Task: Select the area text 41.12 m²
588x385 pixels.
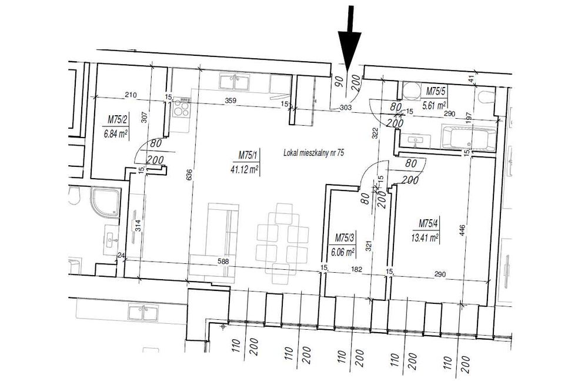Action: click(245, 170)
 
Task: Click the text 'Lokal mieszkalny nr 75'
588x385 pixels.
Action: click(314, 153)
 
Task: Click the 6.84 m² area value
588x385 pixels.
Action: click(115, 134)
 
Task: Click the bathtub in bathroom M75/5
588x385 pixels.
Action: click(469, 138)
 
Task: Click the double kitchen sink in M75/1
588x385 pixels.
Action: click(235, 82)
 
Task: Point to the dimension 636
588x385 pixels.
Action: click(189, 174)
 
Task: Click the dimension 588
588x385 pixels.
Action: click(223, 262)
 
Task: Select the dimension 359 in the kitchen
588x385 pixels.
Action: click(230, 100)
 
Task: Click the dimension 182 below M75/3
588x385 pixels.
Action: click(357, 269)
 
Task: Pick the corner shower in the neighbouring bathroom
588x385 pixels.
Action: click(106, 203)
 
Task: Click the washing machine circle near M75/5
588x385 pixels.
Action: click(412, 91)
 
